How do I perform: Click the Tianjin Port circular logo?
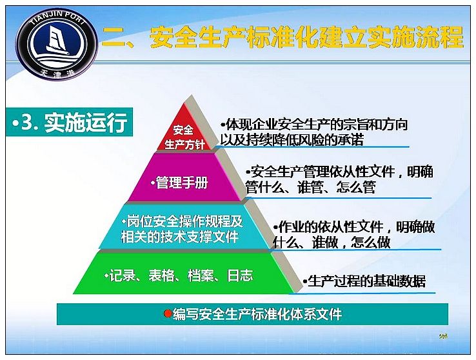(x=57, y=44)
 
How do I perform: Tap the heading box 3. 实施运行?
(x=70, y=122)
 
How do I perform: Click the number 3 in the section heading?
(x=27, y=123)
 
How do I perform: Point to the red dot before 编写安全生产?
(x=167, y=314)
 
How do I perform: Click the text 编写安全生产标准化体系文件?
(x=257, y=314)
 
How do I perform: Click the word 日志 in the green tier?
(x=240, y=275)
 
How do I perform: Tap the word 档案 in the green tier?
(x=201, y=275)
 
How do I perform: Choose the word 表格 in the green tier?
(x=161, y=275)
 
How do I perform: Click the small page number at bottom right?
(x=443, y=335)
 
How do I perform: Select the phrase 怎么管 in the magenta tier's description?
(x=356, y=187)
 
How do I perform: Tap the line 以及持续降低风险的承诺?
(x=292, y=139)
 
